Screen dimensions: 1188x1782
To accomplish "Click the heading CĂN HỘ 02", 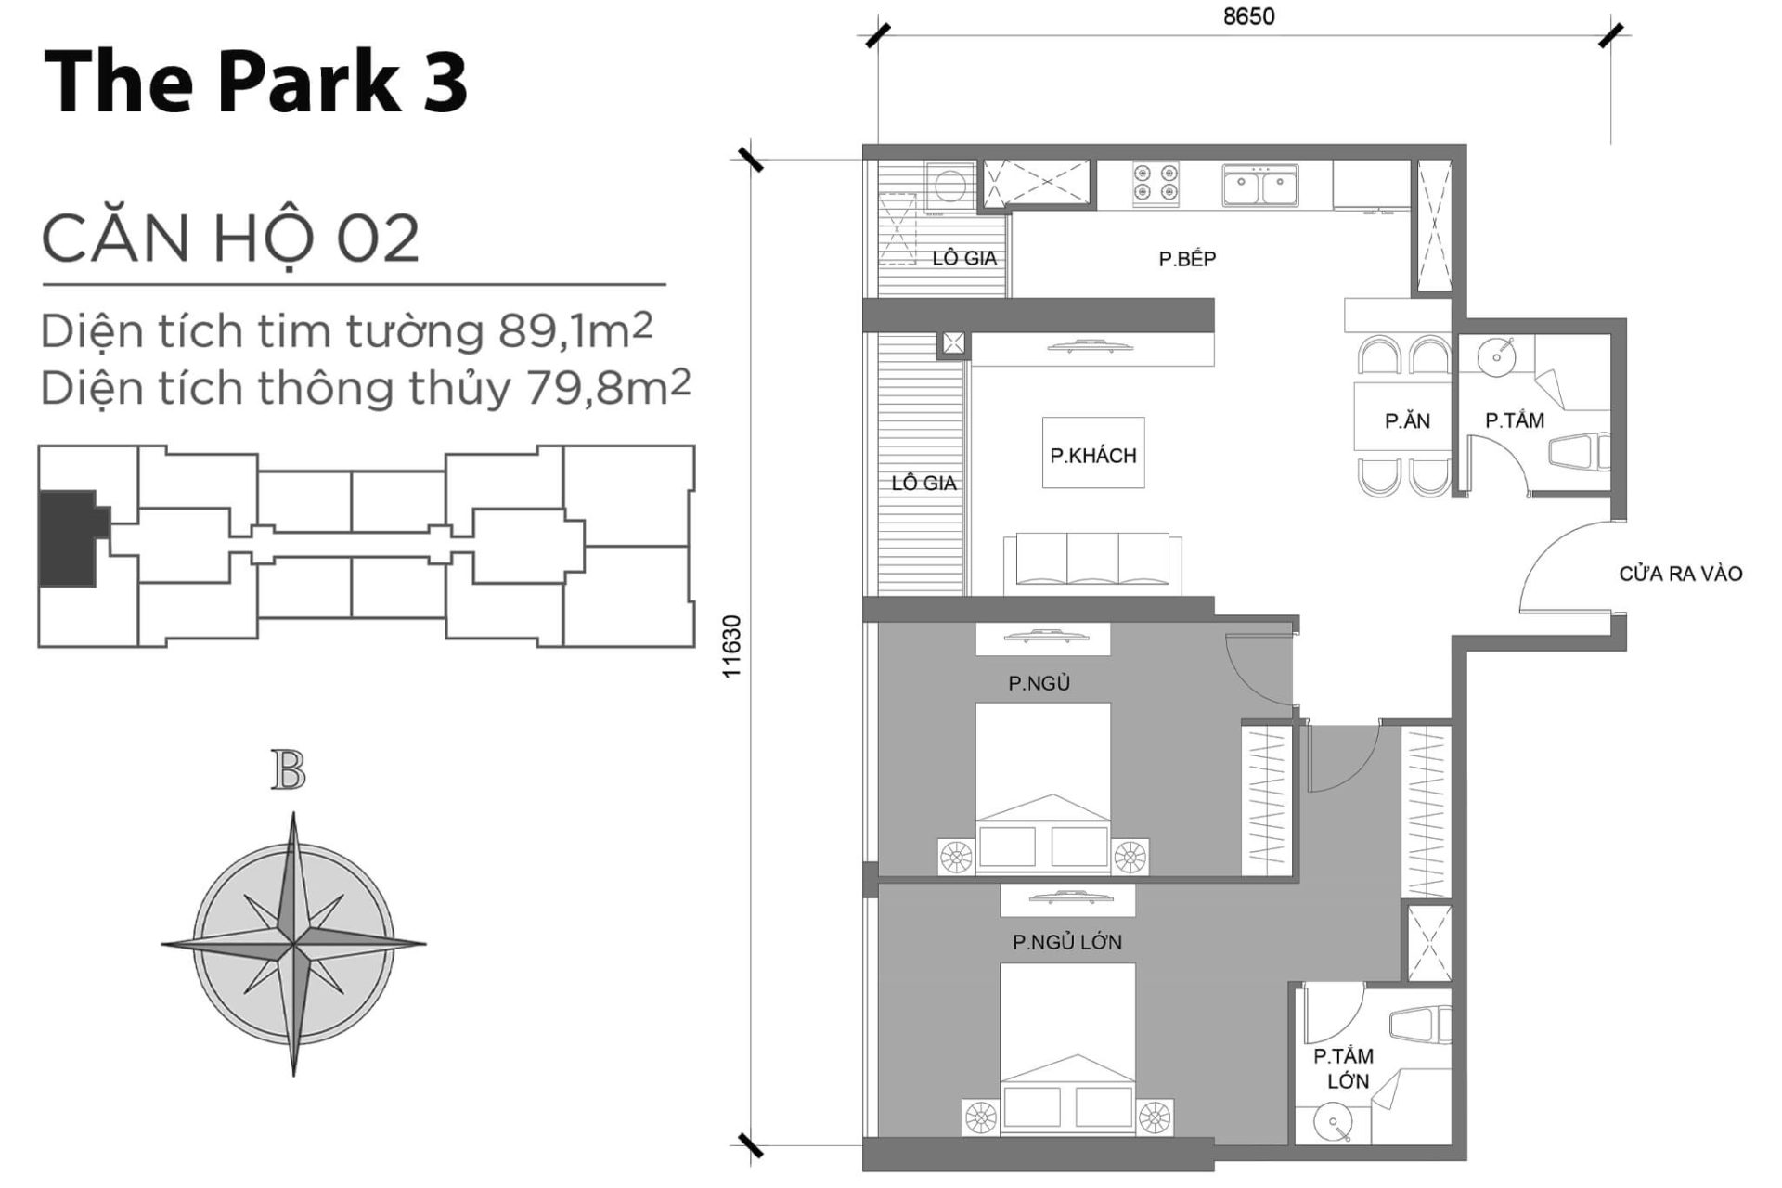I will pos(230,239).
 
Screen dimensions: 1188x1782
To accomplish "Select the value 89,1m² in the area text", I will pos(575,331).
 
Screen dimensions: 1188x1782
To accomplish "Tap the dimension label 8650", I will pos(1248,17).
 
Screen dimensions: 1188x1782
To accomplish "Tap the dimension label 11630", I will pos(732,646).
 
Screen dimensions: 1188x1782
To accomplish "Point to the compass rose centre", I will pos(293,945).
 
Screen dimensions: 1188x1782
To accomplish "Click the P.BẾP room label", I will pos(1186,259).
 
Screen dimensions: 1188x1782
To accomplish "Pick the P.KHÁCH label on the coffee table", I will pos(1092,455).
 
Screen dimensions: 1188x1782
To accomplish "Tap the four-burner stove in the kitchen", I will pos(1155,184).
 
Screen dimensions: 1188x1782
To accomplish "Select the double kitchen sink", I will pos(1259,186).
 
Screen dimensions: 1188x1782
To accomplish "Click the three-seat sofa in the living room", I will pos(1092,561).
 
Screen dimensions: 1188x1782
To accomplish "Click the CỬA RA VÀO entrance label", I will pos(1680,574).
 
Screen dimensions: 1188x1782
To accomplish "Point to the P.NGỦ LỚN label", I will pos(1066,942).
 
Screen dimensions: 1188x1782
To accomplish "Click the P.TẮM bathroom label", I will pos(1514,420).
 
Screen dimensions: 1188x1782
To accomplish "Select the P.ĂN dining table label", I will pos(1407,420).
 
